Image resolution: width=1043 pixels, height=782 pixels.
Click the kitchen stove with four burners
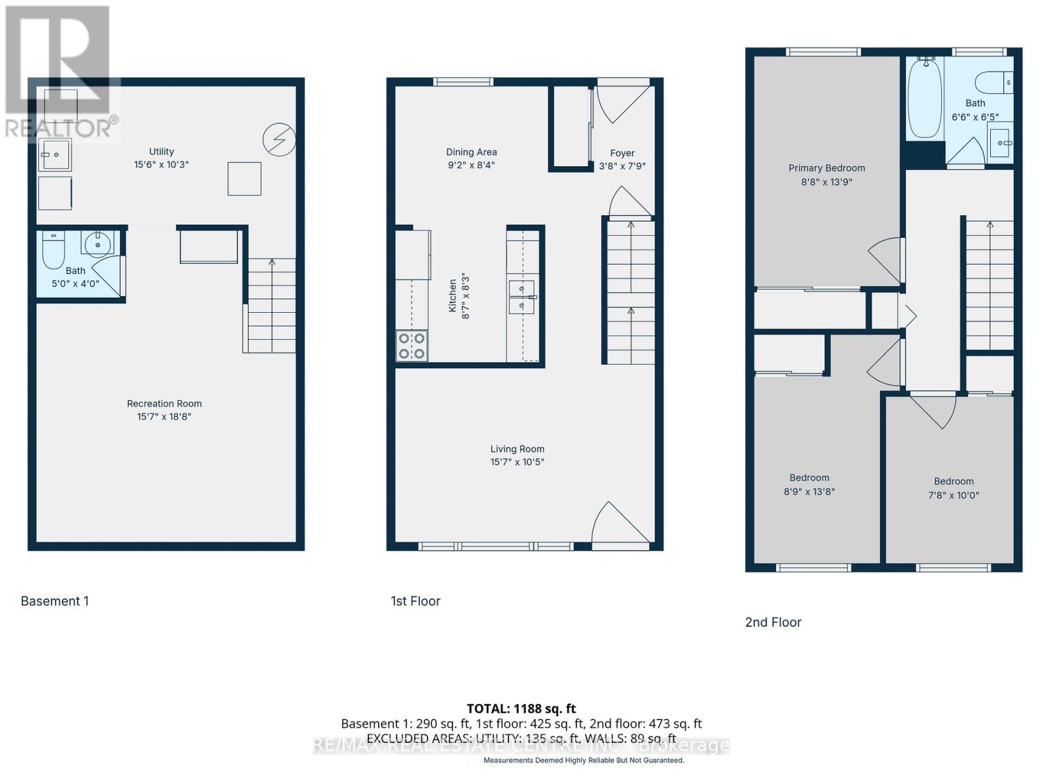(x=412, y=346)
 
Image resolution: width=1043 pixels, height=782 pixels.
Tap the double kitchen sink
(x=521, y=297)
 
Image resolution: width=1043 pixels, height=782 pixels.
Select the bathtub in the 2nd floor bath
(x=925, y=98)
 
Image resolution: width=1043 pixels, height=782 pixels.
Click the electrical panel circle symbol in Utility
(x=279, y=139)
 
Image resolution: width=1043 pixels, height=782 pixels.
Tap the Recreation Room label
(x=164, y=403)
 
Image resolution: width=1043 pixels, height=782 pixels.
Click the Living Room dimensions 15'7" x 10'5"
(x=517, y=462)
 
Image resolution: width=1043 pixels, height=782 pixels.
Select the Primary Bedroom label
(x=827, y=168)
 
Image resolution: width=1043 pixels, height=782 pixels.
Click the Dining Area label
(x=471, y=152)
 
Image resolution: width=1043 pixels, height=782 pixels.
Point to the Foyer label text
(x=622, y=153)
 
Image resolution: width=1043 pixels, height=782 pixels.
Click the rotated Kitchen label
(x=452, y=296)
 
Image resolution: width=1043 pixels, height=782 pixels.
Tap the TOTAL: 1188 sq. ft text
(x=521, y=708)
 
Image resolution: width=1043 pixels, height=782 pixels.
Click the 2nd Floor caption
(x=773, y=622)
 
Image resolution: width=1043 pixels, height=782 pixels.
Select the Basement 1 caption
(x=55, y=601)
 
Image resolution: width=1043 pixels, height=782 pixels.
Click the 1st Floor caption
(x=415, y=601)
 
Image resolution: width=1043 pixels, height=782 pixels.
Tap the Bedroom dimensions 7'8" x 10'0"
(x=954, y=495)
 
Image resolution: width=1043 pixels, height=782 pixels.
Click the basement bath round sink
(x=98, y=244)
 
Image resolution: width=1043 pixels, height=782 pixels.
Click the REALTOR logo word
(x=59, y=128)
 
